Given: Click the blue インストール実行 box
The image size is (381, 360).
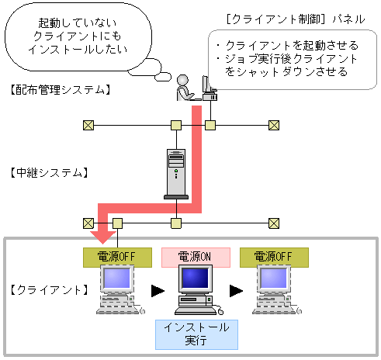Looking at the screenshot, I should click(196, 334).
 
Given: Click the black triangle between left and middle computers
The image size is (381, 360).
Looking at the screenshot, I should click(157, 291).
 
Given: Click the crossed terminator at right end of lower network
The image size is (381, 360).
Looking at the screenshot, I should click(273, 223).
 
